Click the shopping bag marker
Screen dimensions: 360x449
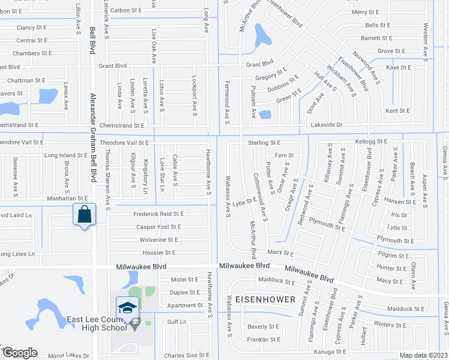pyautogui.click(x=85, y=214)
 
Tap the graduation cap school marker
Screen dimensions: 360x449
pyautogui.click(x=127, y=308)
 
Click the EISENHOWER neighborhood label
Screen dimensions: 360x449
pyautogui.click(x=265, y=299)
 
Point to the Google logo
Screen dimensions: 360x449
pyautogui.click(x=20, y=353)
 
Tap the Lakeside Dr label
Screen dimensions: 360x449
pyautogui.click(x=327, y=125)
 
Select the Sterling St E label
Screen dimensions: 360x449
pyautogui.click(x=264, y=143)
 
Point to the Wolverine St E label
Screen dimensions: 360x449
pyautogui.click(x=158, y=240)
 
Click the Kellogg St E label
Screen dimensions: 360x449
pyautogui.click(x=372, y=141)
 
